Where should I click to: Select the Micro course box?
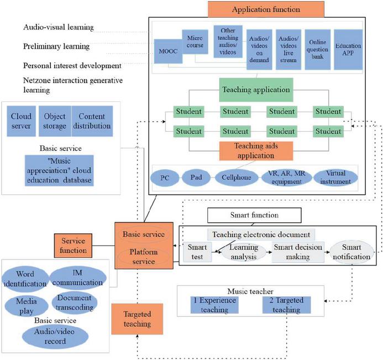(194, 43)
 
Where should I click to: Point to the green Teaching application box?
(256, 89)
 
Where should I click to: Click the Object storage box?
(54, 121)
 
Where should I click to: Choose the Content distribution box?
(92, 121)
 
